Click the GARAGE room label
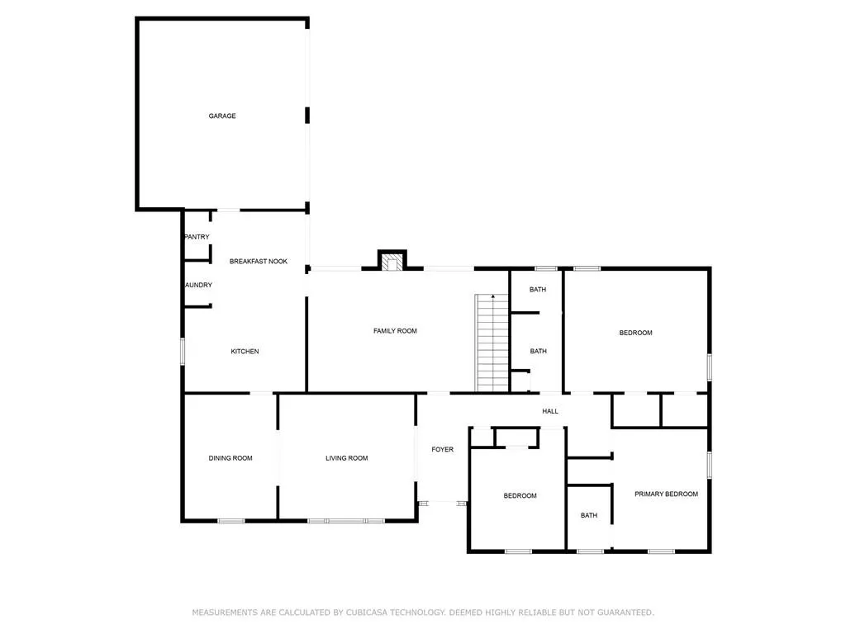point(221,116)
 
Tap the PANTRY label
point(197,237)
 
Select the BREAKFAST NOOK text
point(259,261)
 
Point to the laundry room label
point(198,286)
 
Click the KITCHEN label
point(245,352)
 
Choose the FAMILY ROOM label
point(395,331)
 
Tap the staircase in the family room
point(492,343)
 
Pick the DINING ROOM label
point(231,458)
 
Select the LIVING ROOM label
point(346,458)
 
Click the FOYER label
point(443,450)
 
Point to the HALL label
point(550,411)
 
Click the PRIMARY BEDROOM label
point(666,494)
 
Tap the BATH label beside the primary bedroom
point(588,516)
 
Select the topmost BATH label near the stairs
point(538,290)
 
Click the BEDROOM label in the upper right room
point(635,334)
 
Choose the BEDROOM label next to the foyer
point(520,496)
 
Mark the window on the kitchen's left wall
point(183,351)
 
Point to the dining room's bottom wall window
point(231,521)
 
